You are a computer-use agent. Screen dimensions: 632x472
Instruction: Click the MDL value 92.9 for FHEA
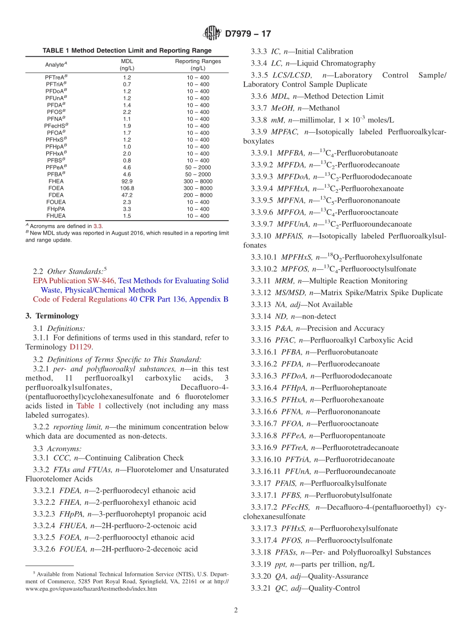[127, 181]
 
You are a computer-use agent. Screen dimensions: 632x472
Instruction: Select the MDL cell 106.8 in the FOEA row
[127, 188]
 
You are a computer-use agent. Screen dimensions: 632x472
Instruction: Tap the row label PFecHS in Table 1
[56, 126]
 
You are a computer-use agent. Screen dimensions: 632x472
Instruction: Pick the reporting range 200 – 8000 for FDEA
[198, 195]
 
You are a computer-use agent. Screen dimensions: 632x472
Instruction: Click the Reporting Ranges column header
[198, 65]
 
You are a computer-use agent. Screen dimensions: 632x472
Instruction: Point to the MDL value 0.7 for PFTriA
[127, 84]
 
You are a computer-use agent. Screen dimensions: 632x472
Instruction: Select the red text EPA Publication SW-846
[74, 281]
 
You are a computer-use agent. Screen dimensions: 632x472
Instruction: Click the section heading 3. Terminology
[52, 316]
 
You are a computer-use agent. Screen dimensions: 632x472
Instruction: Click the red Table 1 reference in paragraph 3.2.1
[89, 406]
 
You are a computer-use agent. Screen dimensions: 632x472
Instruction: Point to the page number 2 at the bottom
[236, 610]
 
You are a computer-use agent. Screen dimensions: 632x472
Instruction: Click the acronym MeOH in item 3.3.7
[281, 108]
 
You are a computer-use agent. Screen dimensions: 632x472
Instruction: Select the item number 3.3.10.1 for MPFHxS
[265, 257]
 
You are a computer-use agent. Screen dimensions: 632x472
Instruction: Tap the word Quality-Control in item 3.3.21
[334, 588]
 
